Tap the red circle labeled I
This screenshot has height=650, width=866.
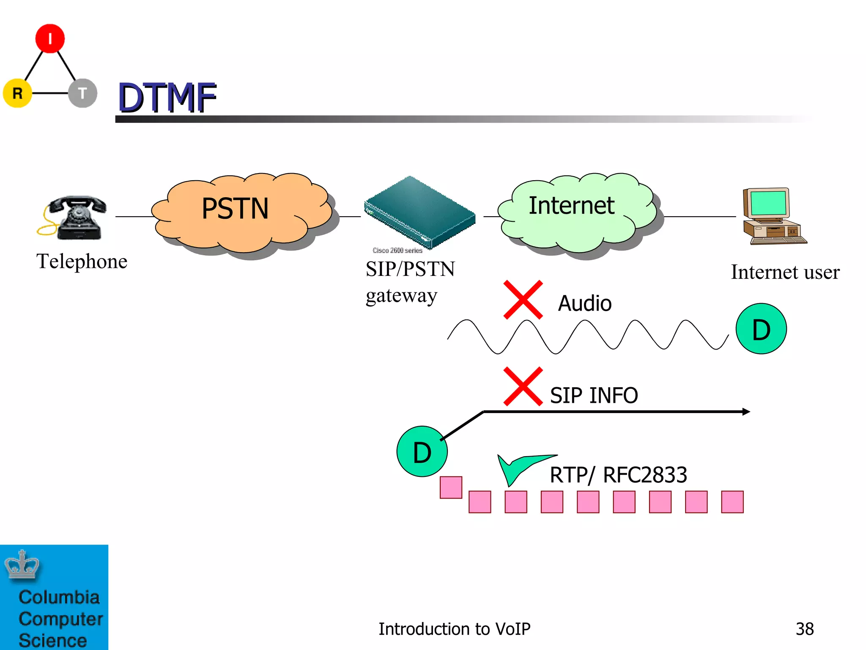pyautogui.click(x=50, y=39)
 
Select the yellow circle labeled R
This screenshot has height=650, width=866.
pyautogui.click(x=17, y=93)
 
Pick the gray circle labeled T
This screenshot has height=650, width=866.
pyautogui.click(x=82, y=93)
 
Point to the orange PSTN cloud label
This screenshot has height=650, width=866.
pyautogui.click(x=235, y=209)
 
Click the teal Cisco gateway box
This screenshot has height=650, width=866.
pyautogui.click(x=419, y=212)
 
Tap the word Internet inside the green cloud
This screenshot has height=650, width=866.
pyautogui.click(x=571, y=206)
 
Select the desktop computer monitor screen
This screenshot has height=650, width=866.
pyautogui.click(x=767, y=203)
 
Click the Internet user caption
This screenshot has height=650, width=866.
pyautogui.click(x=785, y=272)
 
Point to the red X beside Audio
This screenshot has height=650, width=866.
pyautogui.click(x=523, y=300)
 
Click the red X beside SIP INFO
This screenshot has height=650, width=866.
pyautogui.click(x=523, y=386)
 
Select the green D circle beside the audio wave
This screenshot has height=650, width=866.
pyautogui.click(x=761, y=329)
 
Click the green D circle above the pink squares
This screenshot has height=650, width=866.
pyautogui.click(x=422, y=452)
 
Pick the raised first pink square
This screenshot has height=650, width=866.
pyautogui.click(x=451, y=487)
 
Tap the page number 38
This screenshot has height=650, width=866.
pyautogui.click(x=804, y=629)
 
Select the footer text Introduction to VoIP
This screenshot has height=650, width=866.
pyautogui.click(x=454, y=629)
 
